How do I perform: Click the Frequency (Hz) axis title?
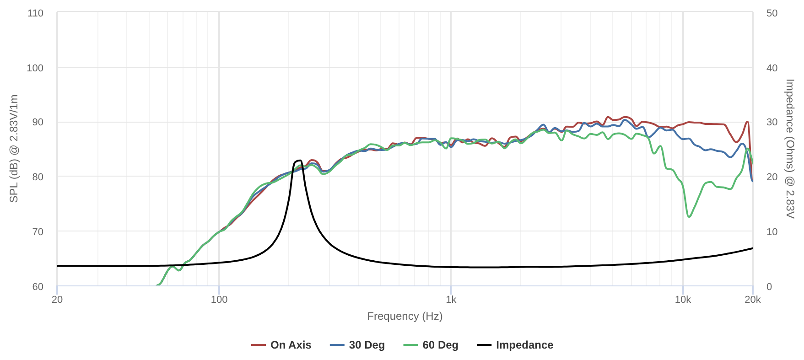(405, 316)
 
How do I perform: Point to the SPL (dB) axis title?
(14, 149)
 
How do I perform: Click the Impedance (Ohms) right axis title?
(790, 149)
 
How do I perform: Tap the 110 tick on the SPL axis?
(35, 13)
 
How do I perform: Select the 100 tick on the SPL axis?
(35, 68)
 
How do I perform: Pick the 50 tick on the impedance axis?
(772, 13)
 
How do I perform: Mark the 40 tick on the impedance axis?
(772, 68)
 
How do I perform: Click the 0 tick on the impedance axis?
(769, 287)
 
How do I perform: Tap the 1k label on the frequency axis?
(451, 300)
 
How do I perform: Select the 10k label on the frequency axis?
(683, 300)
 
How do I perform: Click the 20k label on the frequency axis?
(753, 300)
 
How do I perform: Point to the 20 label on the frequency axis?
(57, 300)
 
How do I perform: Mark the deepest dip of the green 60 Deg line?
(689, 216)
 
